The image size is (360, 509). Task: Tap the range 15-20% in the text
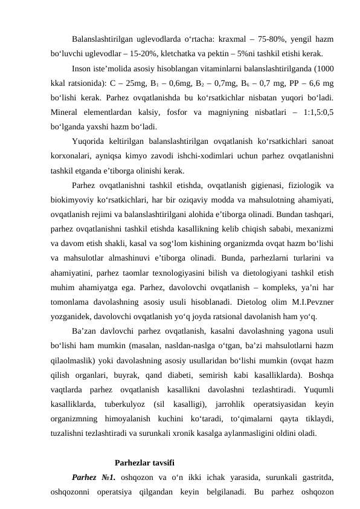click(165, 53)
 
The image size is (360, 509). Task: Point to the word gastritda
click(313, 461)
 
